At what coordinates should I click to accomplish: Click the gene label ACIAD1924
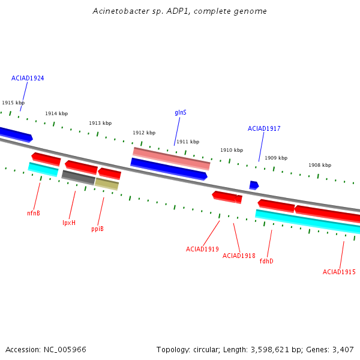28,78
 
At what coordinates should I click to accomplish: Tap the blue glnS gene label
181,113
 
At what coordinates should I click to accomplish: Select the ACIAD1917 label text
264,128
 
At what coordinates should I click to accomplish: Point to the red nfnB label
34,213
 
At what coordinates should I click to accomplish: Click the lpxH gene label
69,223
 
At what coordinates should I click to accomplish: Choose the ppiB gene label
97,229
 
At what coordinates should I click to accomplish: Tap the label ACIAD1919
202,249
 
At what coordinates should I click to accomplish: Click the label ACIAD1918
239,256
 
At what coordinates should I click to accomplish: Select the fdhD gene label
266,261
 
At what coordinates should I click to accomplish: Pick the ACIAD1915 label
339,272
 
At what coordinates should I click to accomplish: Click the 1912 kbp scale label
144,133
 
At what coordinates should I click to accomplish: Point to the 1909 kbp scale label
276,158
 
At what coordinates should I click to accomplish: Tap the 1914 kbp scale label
56,113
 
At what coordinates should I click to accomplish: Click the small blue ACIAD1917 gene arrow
254,185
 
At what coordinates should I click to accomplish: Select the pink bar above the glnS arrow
171,158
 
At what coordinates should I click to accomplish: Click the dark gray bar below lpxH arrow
78,178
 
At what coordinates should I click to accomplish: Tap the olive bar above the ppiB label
107,184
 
